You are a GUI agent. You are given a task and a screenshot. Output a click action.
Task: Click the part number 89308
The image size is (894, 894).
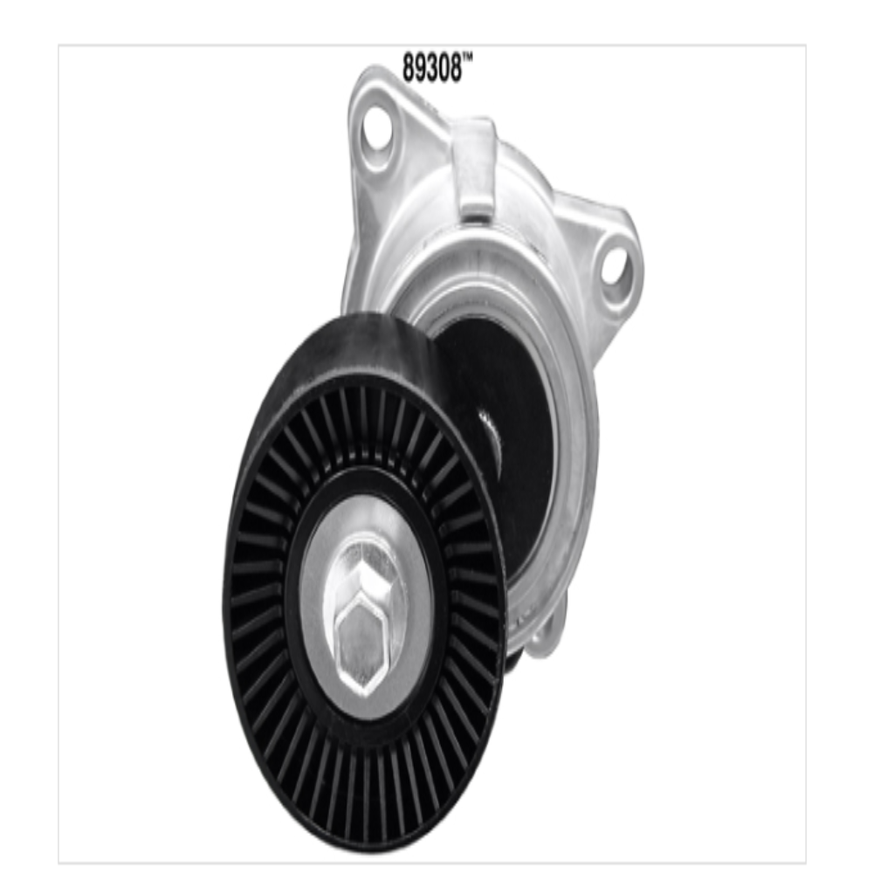(x=431, y=68)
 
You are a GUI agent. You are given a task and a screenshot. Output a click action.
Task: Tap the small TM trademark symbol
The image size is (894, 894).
(x=468, y=58)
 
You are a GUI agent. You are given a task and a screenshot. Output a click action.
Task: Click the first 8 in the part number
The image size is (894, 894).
(x=409, y=68)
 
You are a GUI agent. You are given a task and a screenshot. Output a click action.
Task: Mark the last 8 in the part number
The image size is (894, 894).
(x=455, y=68)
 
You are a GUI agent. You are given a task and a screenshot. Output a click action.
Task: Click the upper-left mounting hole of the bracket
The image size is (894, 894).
(x=375, y=129)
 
